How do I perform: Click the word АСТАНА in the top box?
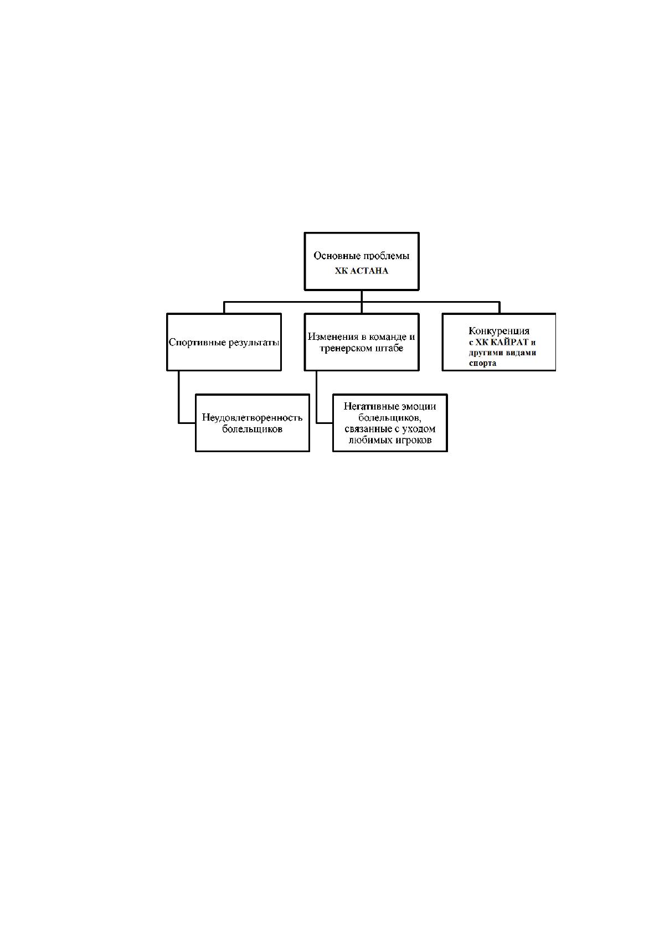369,271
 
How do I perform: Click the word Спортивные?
194,343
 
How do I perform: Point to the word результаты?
250,343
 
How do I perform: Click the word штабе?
389,348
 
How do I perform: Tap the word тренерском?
346,348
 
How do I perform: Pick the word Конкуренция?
499,331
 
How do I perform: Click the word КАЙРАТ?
511,342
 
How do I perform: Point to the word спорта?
482,363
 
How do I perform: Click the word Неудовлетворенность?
253,417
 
